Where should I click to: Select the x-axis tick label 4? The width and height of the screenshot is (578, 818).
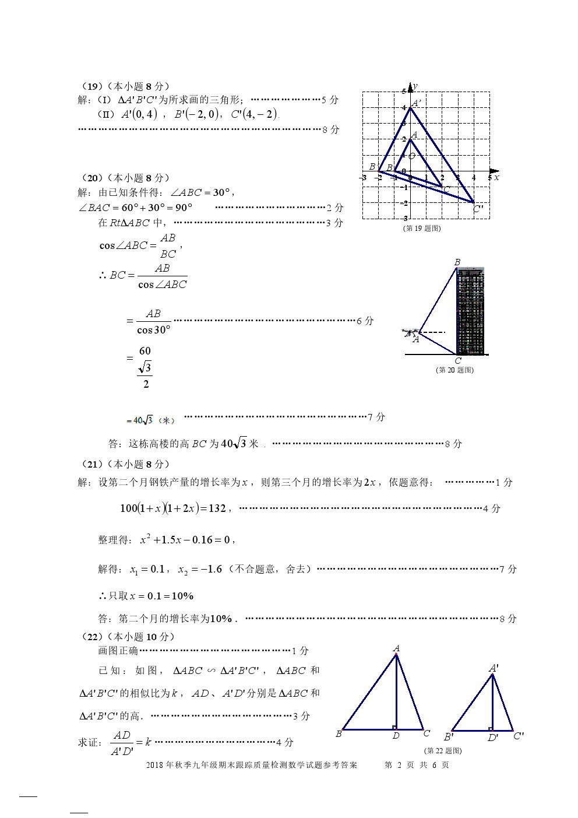click(x=474, y=177)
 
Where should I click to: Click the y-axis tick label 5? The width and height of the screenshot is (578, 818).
click(x=403, y=92)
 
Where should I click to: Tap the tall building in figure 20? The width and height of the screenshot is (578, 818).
click(x=471, y=311)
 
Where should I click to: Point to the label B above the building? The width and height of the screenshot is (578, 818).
click(x=457, y=263)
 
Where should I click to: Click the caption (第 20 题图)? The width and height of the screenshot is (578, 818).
click(x=454, y=370)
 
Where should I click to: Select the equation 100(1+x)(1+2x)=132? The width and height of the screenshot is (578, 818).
click(x=172, y=508)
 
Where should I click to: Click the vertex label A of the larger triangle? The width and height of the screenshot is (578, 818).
click(x=396, y=648)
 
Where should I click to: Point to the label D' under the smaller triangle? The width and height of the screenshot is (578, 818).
click(x=493, y=738)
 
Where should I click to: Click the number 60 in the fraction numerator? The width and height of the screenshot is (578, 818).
click(x=145, y=351)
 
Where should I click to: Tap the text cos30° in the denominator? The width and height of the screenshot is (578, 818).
click(x=154, y=330)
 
